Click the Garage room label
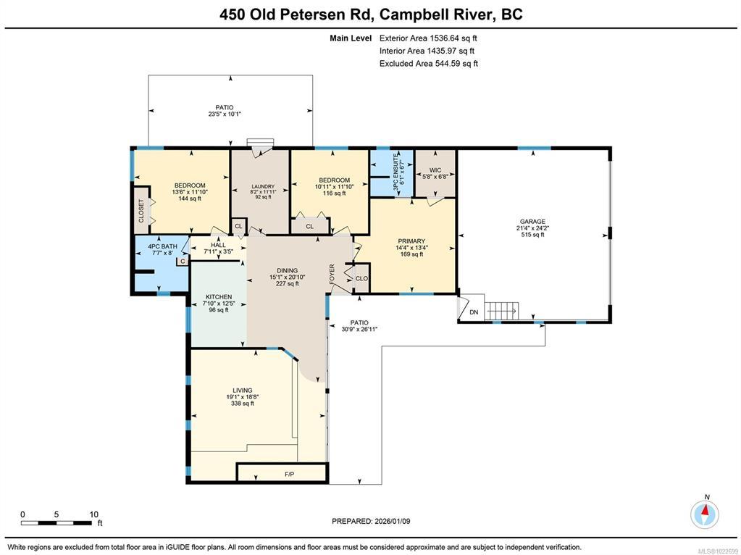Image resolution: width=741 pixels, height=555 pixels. (x=532, y=221)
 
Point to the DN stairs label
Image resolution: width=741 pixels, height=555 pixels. (x=474, y=312)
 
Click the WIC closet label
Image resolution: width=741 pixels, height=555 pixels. (x=435, y=170)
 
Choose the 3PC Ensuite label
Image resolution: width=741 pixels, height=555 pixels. (x=395, y=173)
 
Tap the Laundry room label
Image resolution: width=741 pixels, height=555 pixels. (x=263, y=187)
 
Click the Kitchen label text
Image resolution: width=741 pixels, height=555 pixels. (x=218, y=297)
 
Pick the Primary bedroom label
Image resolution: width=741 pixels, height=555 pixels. (x=411, y=241)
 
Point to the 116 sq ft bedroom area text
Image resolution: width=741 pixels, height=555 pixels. (x=334, y=193)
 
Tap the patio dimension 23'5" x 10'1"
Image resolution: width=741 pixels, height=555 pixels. (x=225, y=114)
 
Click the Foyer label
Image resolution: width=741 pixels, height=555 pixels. (x=332, y=274)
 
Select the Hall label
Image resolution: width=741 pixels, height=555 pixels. (x=218, y=245)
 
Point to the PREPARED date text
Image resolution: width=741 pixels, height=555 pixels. (x=371, y=521)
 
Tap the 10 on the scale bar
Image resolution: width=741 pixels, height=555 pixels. (x=93, y=514)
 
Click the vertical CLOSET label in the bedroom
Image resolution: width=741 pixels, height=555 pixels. (x=141, y=211)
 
